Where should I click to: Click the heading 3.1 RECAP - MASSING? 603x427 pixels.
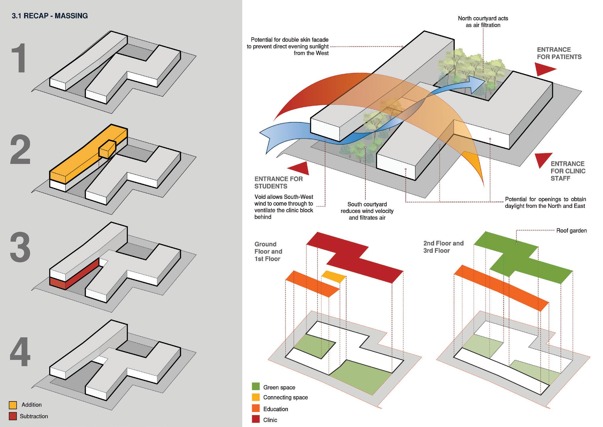tap(50, 16)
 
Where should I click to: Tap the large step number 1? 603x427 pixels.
tap(20, 58)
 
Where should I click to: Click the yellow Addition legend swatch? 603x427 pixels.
tap(13, 405)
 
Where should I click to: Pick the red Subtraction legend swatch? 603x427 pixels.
tap(13, 416)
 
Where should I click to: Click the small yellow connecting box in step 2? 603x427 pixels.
tap(107, 149)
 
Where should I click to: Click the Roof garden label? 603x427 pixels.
tap(571, 231)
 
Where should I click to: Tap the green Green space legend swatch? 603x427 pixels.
tap(256, 386)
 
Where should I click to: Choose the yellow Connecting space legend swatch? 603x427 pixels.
tap(256, 397)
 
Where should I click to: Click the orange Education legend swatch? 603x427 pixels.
tap(256, 408)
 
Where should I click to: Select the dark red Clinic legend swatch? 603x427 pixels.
tap(256, 419)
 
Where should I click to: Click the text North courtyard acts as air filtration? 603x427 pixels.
tap(483, 22)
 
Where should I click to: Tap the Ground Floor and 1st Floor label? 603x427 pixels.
tap(268, 251)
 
